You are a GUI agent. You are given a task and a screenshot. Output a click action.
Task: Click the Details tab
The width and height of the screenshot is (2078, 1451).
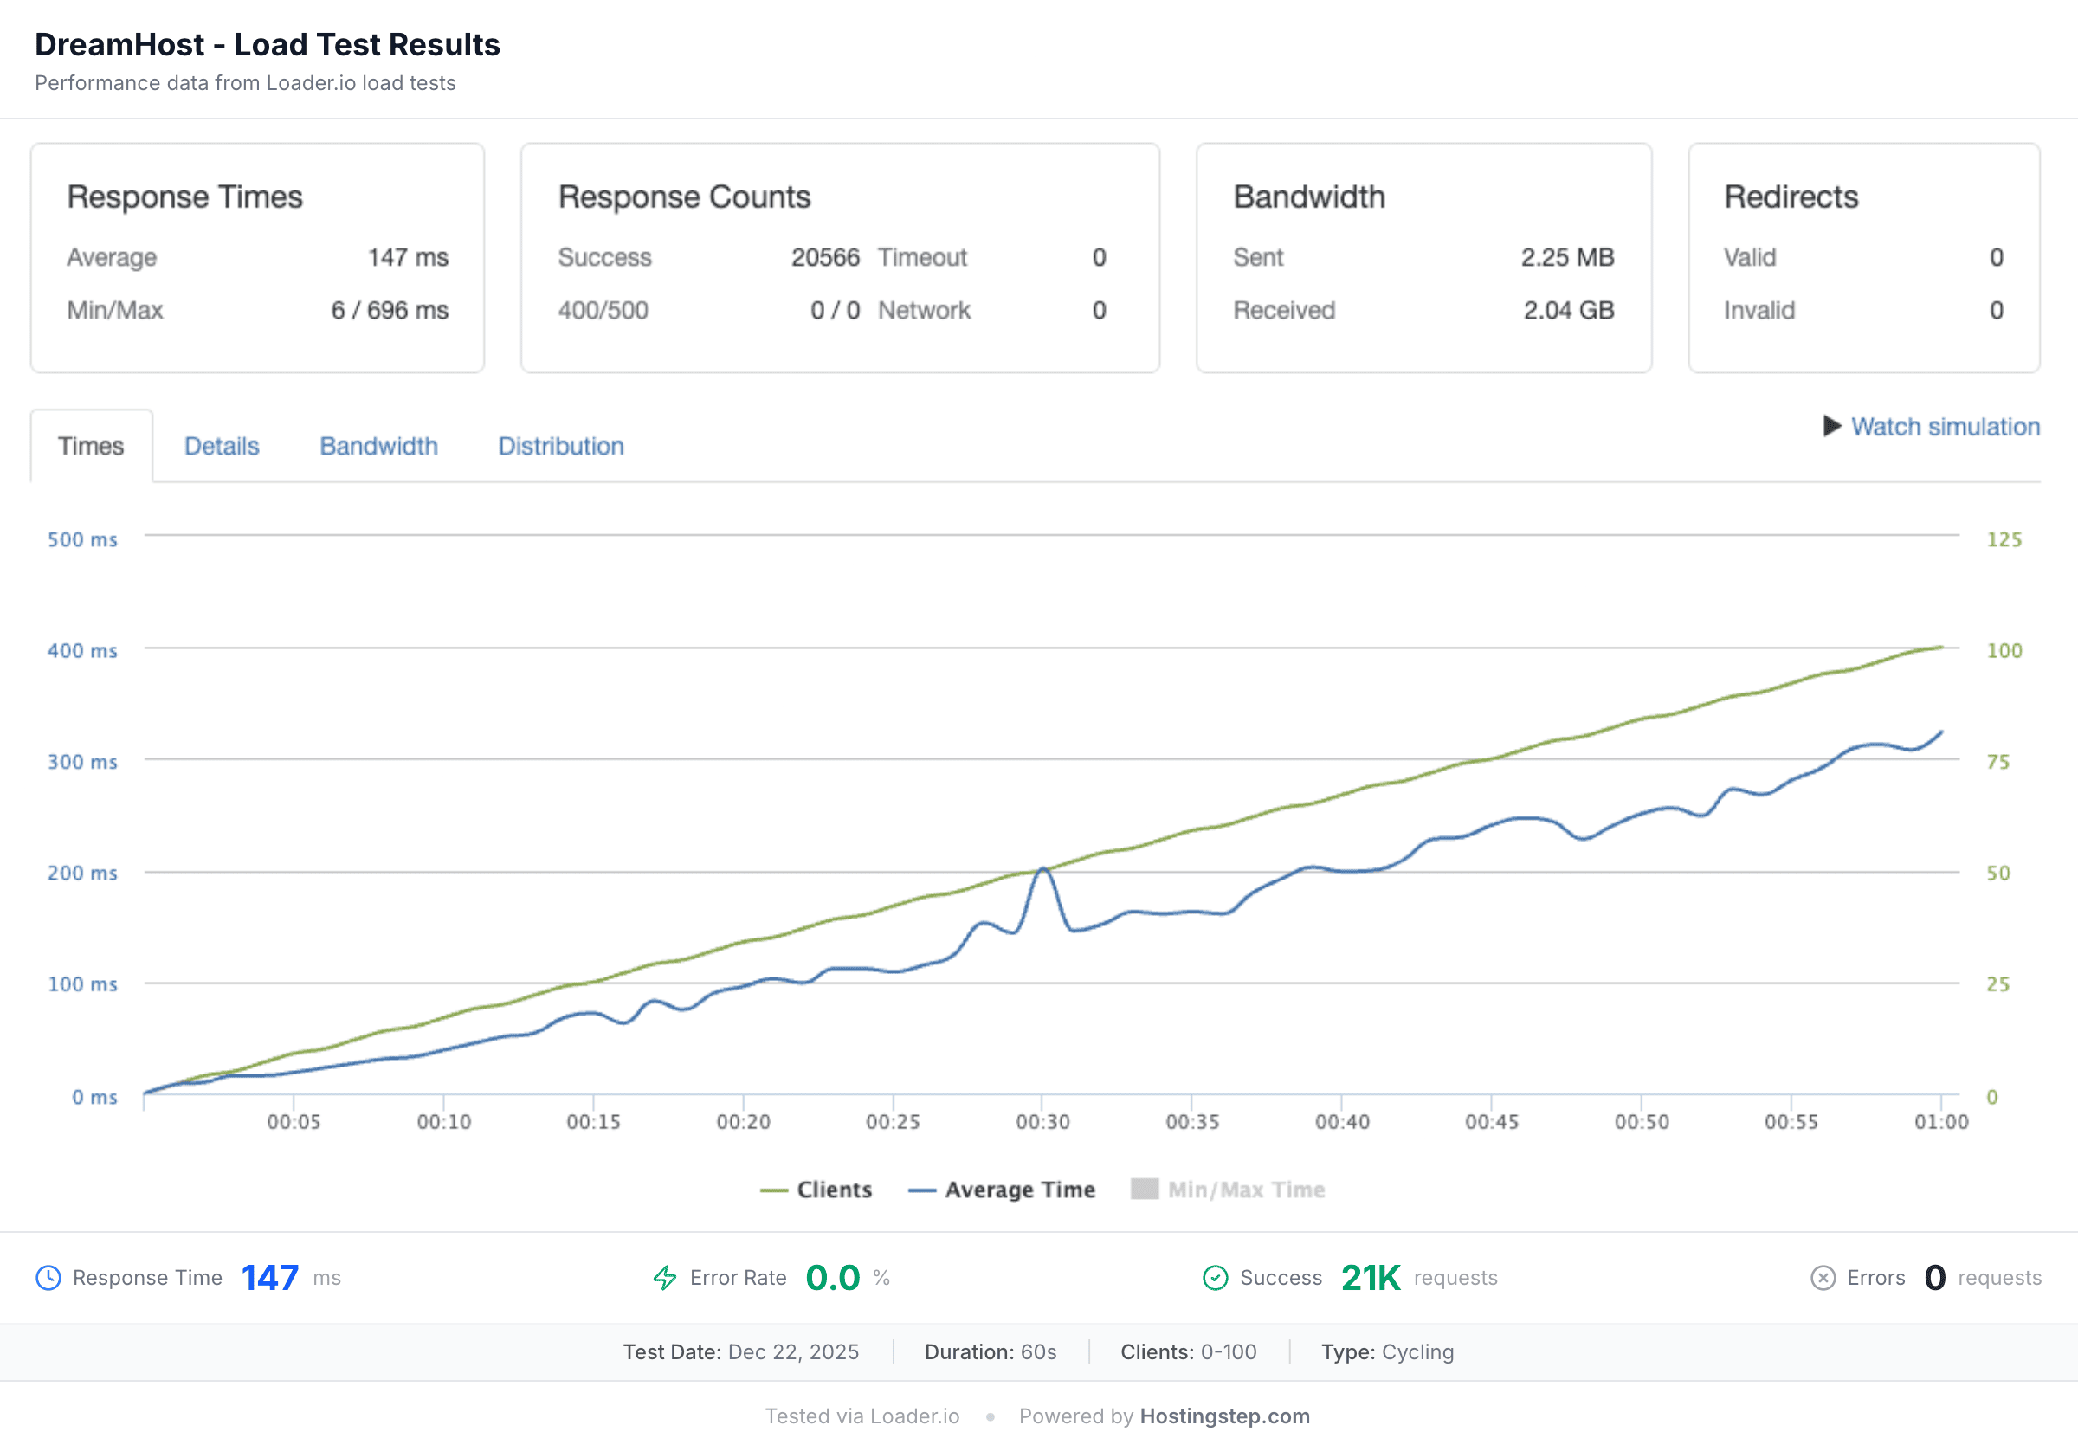[x=222, y=446]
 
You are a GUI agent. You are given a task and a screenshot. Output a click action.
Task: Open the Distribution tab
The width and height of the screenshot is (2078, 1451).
[x=560, y=446]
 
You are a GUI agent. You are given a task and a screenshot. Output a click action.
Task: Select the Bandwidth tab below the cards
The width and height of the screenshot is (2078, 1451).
[x=378, y=446]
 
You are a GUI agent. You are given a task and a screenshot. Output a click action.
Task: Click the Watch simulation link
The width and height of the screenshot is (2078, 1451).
[x=1944, y=426]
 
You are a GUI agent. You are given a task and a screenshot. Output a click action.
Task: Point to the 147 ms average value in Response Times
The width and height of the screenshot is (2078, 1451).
[x=407, y=257]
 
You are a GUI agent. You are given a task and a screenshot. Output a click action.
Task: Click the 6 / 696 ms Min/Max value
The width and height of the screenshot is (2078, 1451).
[x=389, y=311]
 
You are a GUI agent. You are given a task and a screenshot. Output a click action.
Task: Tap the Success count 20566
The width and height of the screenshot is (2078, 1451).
[x=824, y=257]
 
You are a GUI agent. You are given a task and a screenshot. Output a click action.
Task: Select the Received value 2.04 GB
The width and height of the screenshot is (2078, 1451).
[x=1567, y=311]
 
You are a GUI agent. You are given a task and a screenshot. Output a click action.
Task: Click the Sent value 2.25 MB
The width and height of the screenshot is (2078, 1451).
[x=1566, y=257]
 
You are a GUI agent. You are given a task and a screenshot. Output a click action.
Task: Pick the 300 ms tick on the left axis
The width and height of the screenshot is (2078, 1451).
[x=82, y=762]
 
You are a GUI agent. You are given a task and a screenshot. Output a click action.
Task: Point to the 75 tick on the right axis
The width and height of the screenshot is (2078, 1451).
[x=1997, y=762]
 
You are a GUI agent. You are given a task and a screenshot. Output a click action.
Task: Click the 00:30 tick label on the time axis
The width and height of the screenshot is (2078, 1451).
[x=1042, y=1121]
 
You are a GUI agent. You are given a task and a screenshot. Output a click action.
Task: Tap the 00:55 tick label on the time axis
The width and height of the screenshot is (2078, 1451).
[x=1791, y=1121]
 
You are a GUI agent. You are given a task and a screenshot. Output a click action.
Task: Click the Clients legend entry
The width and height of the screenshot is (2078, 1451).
[x=816, y=1190]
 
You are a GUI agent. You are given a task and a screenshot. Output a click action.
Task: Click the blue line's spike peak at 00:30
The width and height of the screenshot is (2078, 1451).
[x=1043, y=869]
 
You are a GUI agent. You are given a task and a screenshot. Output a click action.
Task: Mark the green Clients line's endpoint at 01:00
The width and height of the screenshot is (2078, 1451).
[x=1941, y=648]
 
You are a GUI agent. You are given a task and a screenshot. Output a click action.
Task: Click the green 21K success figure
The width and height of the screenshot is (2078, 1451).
[x=1371, y=1277]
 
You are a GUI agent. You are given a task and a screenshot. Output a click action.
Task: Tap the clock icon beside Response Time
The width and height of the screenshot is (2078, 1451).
[x=48, y=1277]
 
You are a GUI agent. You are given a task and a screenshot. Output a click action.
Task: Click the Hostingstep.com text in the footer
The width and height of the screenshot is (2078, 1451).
[x=1223, y=1416]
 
